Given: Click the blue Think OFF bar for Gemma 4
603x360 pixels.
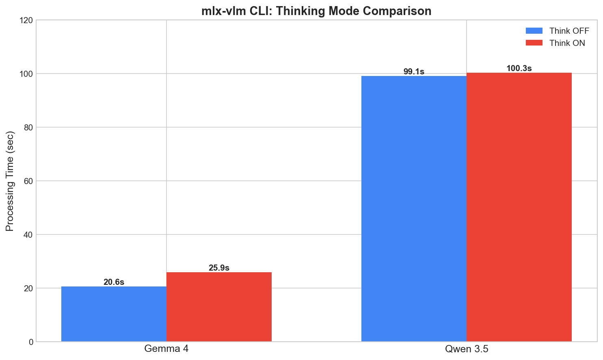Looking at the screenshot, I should pos(114,314).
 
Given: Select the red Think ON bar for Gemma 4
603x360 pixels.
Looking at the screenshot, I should pos(219,307).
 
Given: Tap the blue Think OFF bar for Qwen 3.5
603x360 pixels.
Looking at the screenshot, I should pos(414,208).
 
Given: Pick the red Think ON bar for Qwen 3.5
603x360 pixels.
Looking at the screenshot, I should pos(519,207).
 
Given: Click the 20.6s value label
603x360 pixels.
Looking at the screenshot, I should pos(114,282).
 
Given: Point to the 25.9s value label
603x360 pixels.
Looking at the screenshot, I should pos(219,268).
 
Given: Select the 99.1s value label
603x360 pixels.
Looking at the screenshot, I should pos(414,72).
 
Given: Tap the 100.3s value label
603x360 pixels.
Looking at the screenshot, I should pos(519,68).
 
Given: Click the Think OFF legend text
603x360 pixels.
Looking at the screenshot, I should pos(569,31).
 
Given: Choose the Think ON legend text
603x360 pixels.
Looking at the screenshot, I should pos(567,43).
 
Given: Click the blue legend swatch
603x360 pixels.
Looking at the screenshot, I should pos(534,31).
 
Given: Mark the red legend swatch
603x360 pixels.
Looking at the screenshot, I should pos(534,43).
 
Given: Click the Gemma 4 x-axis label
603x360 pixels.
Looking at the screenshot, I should pos(166,349).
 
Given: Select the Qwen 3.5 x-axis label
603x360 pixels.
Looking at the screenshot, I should pos(467,349).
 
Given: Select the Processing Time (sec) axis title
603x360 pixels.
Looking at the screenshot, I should pos(10,181).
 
